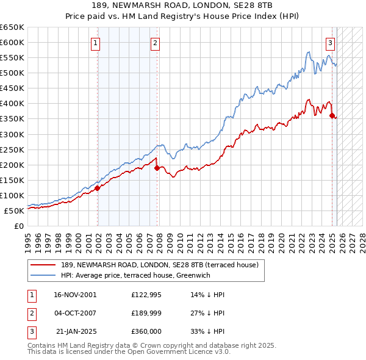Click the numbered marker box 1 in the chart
coord(97,43)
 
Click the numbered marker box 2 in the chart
coord(156,43)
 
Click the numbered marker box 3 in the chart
coord(330,43)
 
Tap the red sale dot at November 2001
coord(98,188)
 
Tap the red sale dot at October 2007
coord(157,168)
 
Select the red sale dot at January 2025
coord(332,115)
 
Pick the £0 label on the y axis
coord(19,226)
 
